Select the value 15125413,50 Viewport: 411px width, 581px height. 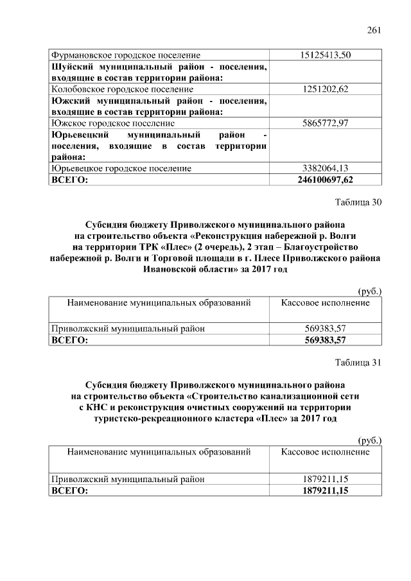325,55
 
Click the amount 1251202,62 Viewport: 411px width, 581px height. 325,89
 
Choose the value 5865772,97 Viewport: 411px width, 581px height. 325,123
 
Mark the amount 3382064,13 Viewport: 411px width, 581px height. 325,168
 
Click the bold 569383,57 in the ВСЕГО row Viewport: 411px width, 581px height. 325,340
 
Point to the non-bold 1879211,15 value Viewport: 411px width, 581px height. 325,479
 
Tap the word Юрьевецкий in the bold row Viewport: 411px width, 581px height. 78,135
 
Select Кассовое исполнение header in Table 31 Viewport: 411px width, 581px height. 325,452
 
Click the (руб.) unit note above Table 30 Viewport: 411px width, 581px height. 369,291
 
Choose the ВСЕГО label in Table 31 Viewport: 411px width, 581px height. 69,490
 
